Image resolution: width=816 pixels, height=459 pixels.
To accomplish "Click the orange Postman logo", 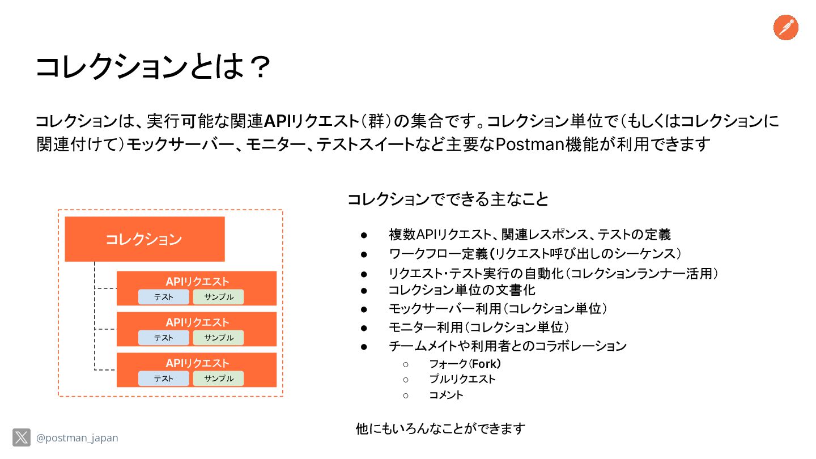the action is coord(786,27).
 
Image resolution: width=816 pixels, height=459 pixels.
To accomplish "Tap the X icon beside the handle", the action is coord(22,437).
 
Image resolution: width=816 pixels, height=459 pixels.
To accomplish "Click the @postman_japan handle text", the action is coord(77,438).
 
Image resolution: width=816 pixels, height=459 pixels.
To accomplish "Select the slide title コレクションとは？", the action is coord(152,67).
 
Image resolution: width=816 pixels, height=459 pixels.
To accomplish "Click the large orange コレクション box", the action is coord(144,239).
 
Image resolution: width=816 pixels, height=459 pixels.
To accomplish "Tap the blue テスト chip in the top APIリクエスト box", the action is coord(164,297).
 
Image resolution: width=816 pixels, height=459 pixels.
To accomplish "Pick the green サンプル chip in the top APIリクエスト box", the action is coord(218,297).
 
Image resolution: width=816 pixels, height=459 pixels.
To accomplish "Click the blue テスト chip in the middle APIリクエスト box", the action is coord(164,338).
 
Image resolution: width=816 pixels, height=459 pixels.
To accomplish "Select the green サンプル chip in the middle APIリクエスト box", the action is coord(218,338).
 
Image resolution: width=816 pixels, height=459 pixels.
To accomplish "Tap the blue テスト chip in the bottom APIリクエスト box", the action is coord(164,379).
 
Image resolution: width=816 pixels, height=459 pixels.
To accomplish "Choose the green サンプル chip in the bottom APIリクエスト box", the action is coord(218,379).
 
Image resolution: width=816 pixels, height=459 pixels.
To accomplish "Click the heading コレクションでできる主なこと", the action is coord(448,199).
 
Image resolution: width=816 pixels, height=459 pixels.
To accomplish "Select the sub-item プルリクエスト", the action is coord(462,379).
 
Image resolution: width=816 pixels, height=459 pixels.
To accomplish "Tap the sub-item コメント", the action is coord(446,395).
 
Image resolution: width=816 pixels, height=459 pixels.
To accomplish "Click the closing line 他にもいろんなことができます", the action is coord(440,428).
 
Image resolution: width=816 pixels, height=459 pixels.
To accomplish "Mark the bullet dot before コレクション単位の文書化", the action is coord(364,290).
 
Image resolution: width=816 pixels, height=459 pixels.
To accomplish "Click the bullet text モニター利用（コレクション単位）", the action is coord(479,328).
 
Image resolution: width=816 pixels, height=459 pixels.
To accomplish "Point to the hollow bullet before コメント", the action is coord(406,396).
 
